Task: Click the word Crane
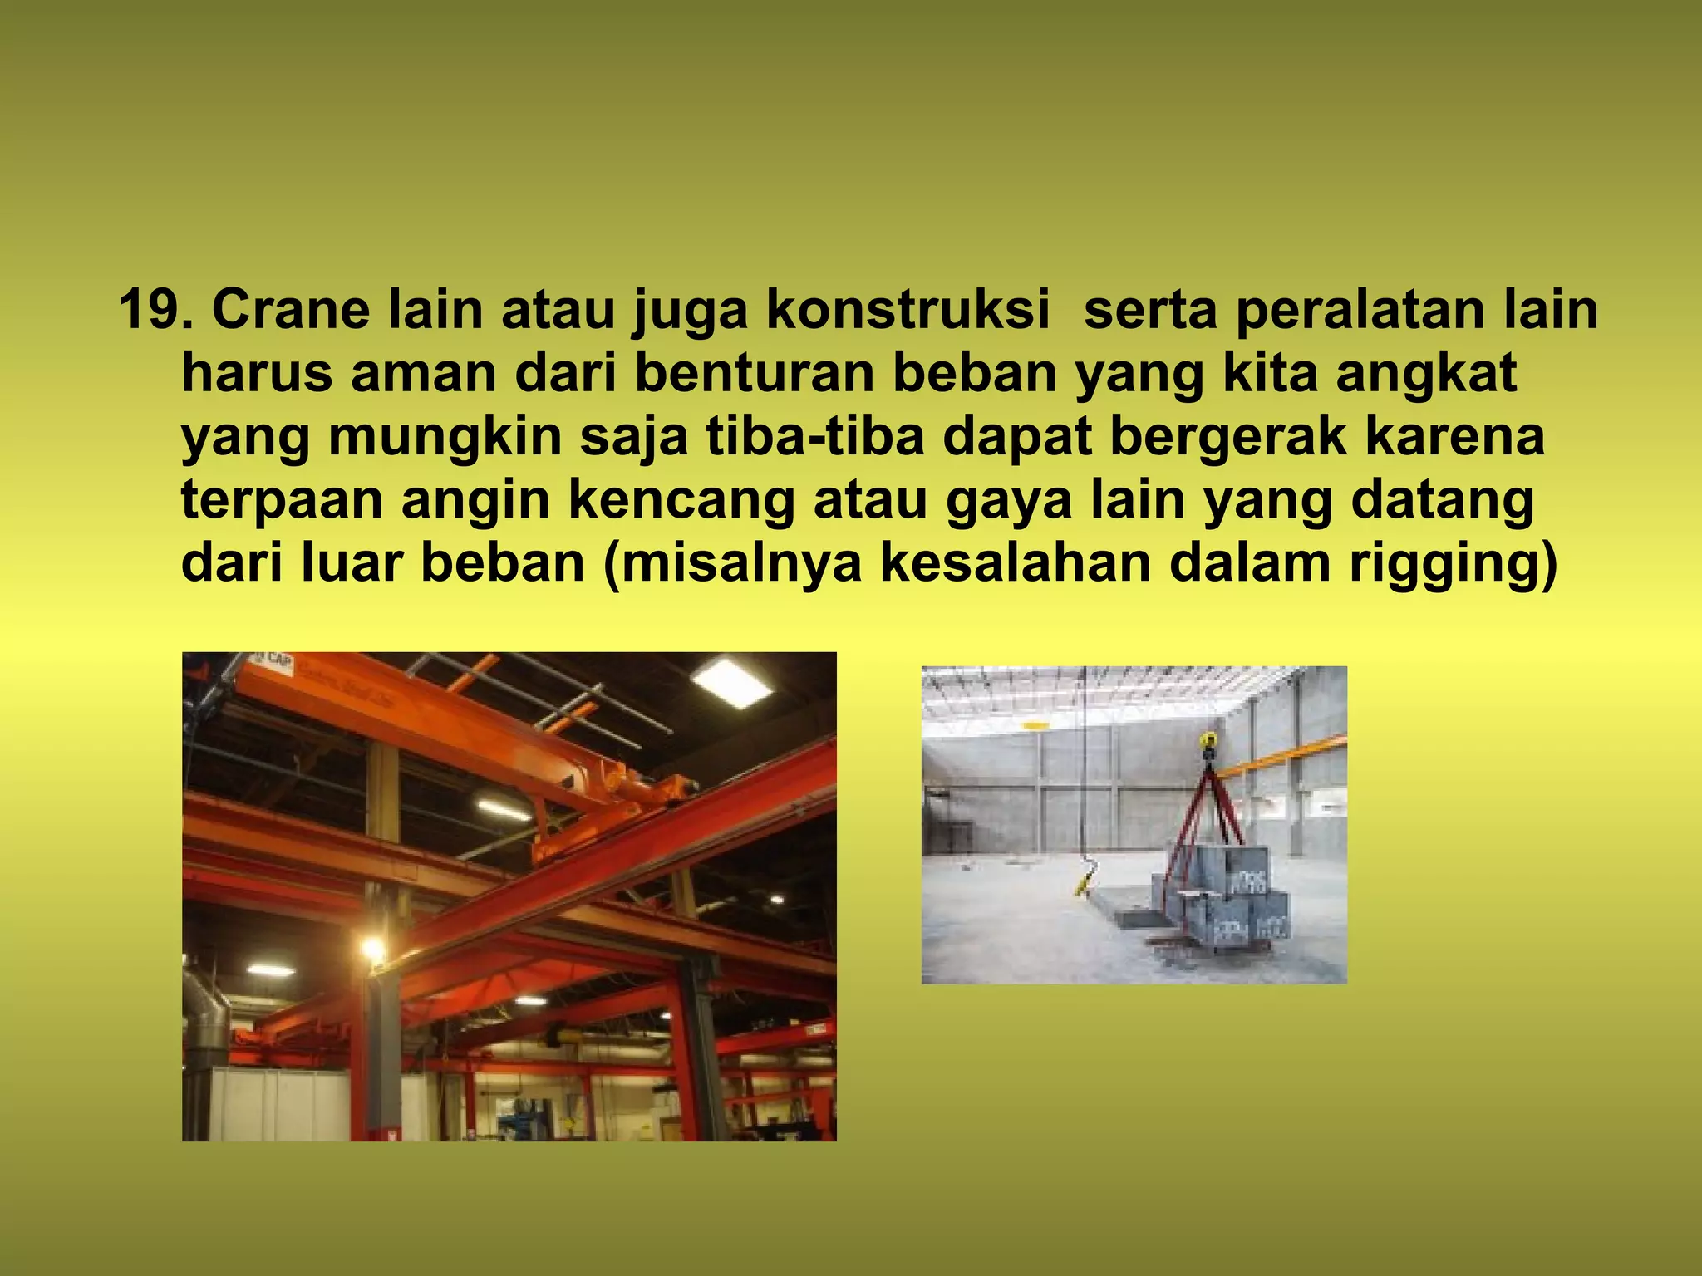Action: coord(290,311)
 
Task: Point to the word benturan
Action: coord(755,374)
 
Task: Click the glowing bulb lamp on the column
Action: coord(371,948)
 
